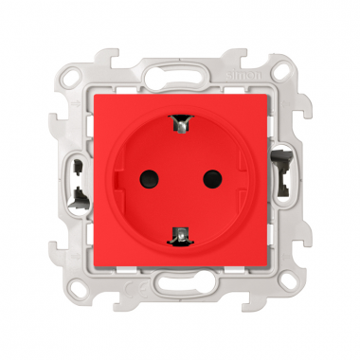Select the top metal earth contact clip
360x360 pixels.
pyautogui.click(x=179, y=121)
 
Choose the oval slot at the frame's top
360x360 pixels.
pyautogui.click(x=179, y=77)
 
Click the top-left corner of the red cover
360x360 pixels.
pyautogui.click(x=94, y=93)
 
